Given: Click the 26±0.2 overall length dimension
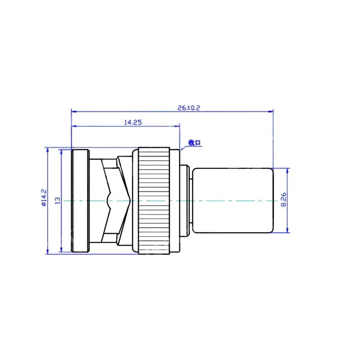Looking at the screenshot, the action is tap(189, 108).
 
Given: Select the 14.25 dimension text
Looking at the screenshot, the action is tap(133, 122).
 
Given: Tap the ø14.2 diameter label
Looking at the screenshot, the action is tap(44, 198).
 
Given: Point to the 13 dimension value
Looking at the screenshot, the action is tap(58, 200).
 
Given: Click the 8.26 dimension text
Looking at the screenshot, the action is tap(283, 199).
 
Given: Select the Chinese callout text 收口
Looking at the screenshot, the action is tap(194, 143).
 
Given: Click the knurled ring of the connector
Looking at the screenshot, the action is tap(154, 201).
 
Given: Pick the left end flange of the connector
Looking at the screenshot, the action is tap(80, 201).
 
